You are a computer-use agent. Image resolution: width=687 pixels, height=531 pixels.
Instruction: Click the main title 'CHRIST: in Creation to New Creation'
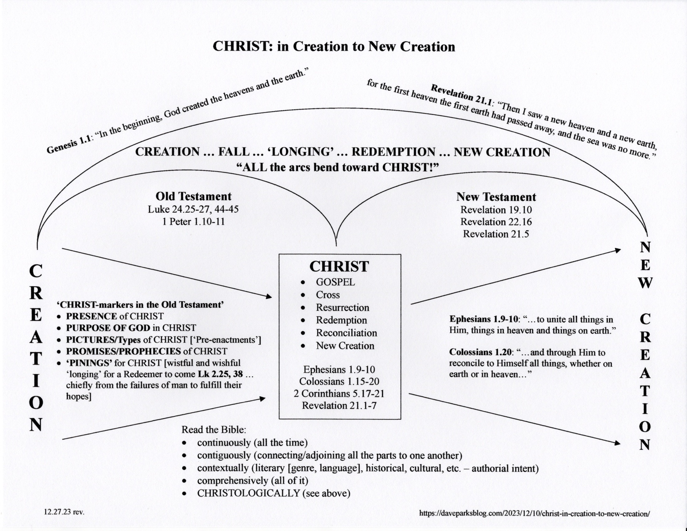[334, 47]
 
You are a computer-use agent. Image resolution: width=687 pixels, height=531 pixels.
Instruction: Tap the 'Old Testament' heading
[194, 196]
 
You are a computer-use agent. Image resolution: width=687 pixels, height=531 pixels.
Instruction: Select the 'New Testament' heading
[496, 197]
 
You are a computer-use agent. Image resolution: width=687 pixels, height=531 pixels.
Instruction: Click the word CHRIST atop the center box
[339, 267]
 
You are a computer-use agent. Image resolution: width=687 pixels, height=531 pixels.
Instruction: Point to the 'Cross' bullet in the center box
[328, 295]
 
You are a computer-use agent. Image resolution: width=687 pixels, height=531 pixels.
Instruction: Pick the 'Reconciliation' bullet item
[346, 333]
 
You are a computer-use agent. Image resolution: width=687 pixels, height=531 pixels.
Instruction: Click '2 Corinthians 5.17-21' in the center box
[339, 394]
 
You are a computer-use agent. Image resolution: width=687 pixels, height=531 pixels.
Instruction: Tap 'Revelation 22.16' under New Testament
[496, 222]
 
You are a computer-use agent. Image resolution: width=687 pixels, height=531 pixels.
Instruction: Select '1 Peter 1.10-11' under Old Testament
[194, 222]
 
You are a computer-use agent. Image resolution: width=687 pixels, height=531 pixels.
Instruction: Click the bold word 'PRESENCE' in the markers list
[91, 316]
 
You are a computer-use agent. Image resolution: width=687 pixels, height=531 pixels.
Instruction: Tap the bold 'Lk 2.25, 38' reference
[220, 374]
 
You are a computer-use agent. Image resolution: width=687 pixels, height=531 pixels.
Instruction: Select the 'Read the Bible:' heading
[214, 430]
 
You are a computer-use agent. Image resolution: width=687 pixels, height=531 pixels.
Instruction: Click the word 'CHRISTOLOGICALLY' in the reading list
[249, 493]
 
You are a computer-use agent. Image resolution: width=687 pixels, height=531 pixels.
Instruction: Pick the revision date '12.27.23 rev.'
[64, 512]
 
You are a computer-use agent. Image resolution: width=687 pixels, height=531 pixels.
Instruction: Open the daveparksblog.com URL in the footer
[534, 514]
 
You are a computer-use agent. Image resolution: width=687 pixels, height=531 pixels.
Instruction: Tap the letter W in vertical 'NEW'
[645, 283]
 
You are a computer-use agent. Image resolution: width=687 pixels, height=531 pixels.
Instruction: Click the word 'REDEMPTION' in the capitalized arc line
[393, 152]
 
